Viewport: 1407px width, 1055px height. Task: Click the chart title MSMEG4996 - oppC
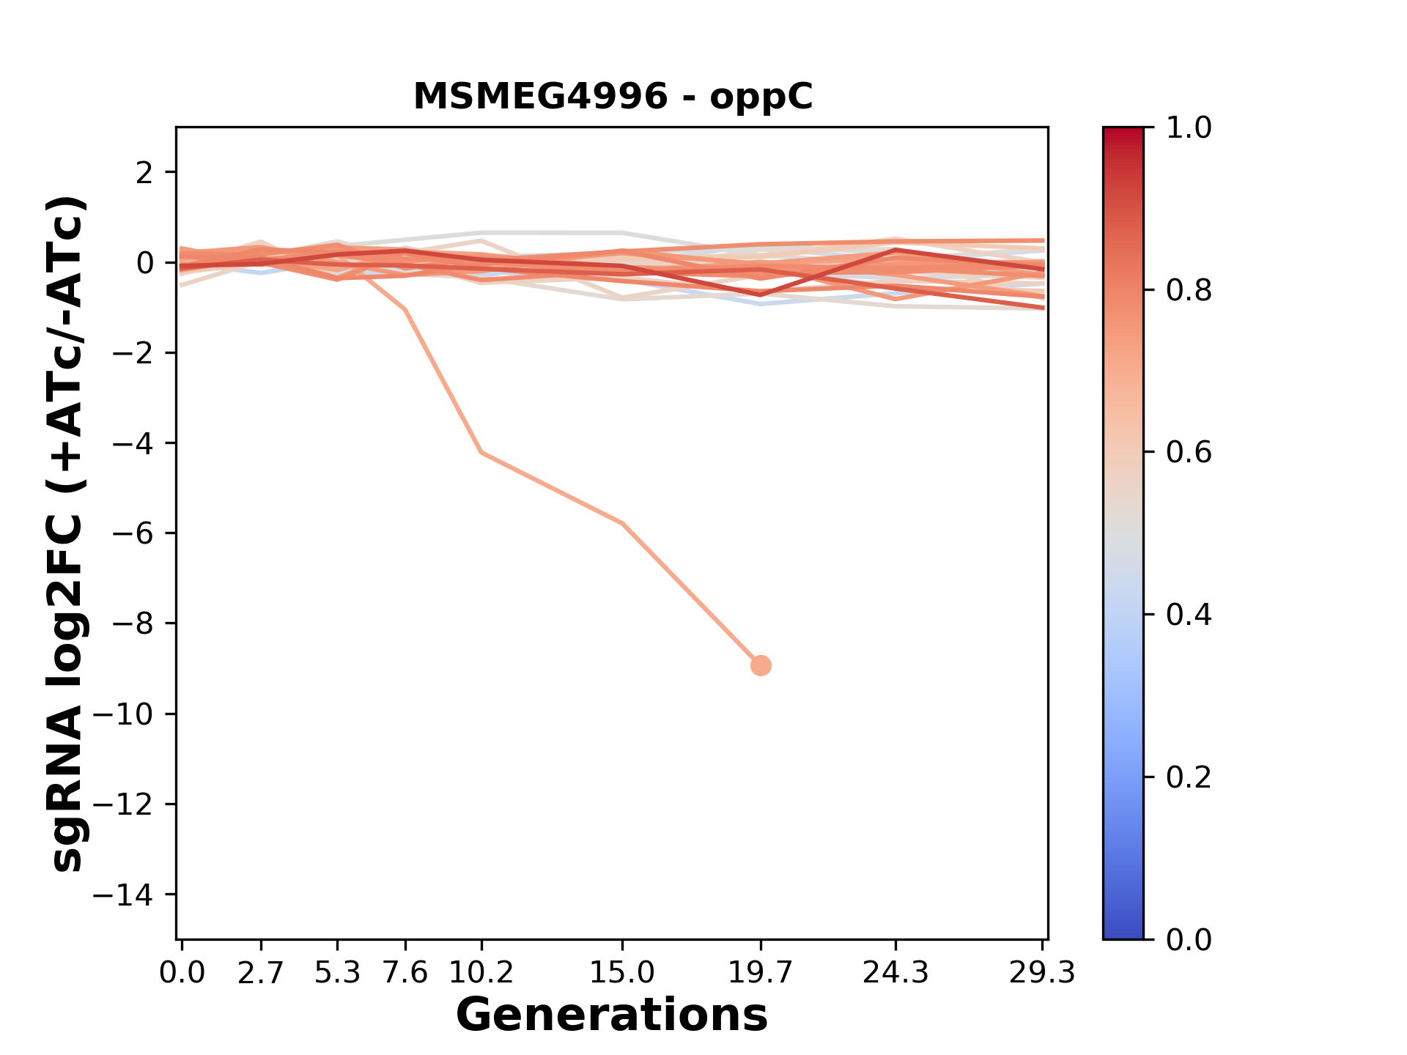point(613,97)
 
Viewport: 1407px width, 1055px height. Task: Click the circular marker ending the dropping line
point(761,665)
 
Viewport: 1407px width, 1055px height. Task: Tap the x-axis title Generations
point(612,1015)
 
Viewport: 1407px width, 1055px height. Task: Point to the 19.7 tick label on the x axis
point(761,973)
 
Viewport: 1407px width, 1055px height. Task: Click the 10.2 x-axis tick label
point(481,973)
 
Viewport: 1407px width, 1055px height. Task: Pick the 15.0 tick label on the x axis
point(622,973)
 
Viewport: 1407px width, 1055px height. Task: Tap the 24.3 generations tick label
point(895,973)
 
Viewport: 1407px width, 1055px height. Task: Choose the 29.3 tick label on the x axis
point(1042,973)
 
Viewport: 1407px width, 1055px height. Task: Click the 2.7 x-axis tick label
point(261,973)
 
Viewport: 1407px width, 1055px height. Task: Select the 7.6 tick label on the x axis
point(405,973)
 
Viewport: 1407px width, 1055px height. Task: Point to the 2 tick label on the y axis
point(145,173)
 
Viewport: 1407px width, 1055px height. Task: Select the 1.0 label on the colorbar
point(1189,128)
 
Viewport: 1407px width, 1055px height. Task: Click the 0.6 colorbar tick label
point(1189,453)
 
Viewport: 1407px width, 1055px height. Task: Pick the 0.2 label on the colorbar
point(1189,777)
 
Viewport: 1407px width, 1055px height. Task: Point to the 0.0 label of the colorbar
point(1189,939)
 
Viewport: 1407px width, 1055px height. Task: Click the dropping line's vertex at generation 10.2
point(481,453)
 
